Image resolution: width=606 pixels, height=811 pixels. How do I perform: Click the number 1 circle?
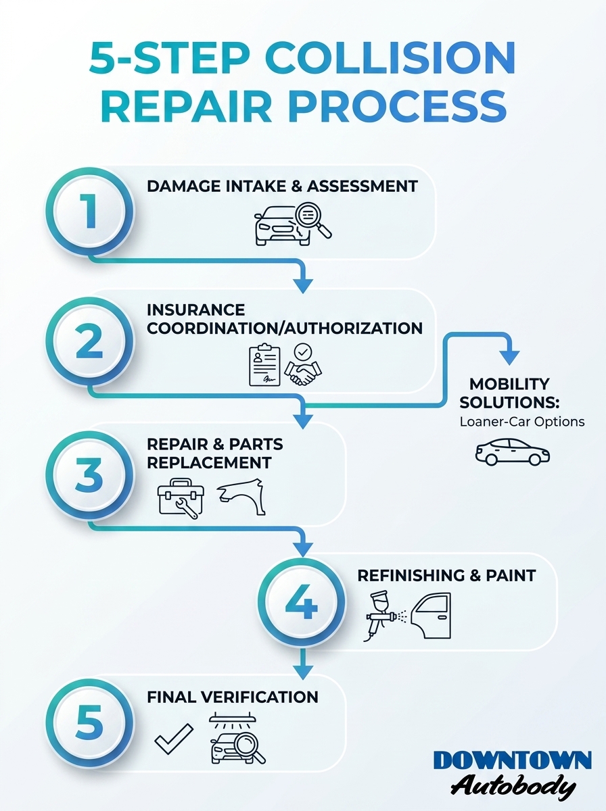(x=90, y=212)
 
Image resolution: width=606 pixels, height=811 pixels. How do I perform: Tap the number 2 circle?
(x=90, y=343)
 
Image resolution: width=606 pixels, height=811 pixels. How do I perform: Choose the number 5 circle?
(x=90, y=722)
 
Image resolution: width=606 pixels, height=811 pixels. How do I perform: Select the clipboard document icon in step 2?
(x=264, y=365)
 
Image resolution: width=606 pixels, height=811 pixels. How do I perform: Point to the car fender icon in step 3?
(x=241, y=496)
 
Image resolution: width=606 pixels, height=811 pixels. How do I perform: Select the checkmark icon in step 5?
(x=174, y=739)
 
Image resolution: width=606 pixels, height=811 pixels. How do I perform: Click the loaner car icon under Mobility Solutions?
(x=513, y=451)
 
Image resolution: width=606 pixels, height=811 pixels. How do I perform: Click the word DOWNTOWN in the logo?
(x=512, y=760)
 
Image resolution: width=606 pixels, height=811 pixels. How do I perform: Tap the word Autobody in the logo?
(x=513, y=786)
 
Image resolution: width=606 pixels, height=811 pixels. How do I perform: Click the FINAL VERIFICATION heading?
(x=233, y=696)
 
